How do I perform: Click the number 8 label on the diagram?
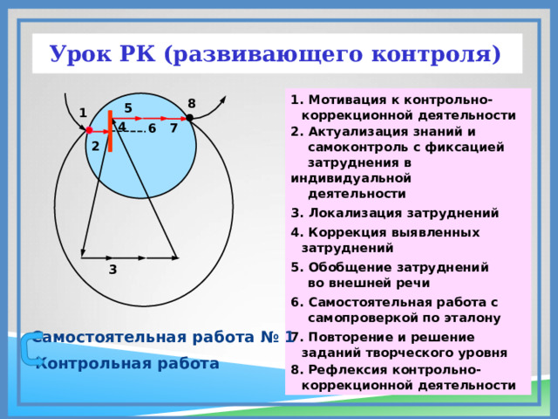pos(192,103)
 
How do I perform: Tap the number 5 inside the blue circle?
pos(127,108)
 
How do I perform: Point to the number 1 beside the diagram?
pos(83,113)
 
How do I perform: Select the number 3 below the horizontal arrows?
pos(113,271)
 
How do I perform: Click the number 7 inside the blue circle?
pos(174,129)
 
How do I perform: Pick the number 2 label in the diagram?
pos(95,146)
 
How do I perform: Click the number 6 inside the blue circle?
pos(153,129)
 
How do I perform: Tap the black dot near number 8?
pos(189,118)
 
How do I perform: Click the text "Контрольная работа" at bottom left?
pos(127,363)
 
